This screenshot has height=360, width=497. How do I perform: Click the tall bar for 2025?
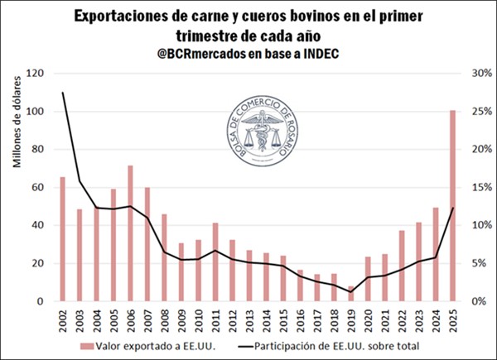pos(452,206)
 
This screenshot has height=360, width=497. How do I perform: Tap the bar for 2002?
pos(62,239)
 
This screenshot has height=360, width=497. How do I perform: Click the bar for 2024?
pos(436,255)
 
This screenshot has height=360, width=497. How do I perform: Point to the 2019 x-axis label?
pos(351,318)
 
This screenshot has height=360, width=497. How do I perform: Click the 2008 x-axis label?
pos(164,318)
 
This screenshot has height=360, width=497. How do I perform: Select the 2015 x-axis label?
pos(283,318)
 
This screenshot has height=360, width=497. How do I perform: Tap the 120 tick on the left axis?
pos(34,73)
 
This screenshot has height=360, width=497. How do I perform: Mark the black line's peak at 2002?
pos(62,93)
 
